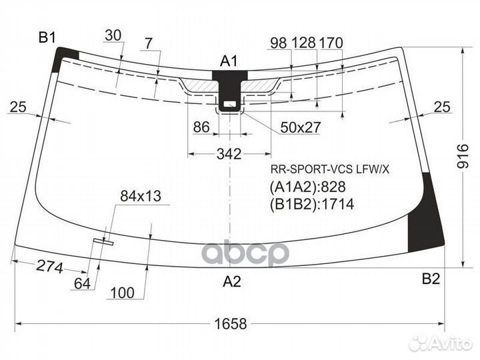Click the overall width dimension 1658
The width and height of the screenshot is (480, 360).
[231, 323]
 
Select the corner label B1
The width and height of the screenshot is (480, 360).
[47, 37]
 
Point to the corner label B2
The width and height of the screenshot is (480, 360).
[431, 279]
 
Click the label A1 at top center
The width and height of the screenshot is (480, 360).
[229, 61]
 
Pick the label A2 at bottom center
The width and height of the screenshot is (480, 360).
[232, 281]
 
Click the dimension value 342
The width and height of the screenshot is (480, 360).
[229, 154]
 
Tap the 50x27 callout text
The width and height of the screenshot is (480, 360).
[300, 127]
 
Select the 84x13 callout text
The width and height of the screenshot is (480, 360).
[141, 196]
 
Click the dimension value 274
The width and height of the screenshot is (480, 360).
[49, 267]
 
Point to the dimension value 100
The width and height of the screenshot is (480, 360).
[122, 293]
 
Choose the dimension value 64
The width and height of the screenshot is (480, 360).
[83, 284]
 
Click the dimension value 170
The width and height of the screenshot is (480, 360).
[331, 43]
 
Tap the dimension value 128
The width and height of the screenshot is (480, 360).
[304, 43]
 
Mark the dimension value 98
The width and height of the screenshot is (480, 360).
[279, 43]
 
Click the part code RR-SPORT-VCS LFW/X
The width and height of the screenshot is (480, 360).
[330, 169]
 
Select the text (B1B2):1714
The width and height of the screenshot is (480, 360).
[311, 204]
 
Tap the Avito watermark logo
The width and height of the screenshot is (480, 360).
[441, 343]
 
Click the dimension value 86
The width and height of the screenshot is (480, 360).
[201, 127]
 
